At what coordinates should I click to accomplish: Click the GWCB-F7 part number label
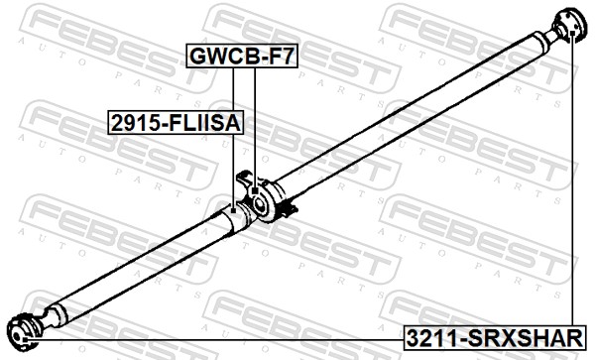(242, 56)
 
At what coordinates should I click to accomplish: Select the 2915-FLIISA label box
(176, 123)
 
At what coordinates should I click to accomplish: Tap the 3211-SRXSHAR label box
(495, 337)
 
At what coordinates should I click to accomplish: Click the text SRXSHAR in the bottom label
(526, 337)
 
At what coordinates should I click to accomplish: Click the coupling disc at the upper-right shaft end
(571, 25)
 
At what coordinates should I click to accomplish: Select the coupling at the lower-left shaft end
(24, 332)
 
